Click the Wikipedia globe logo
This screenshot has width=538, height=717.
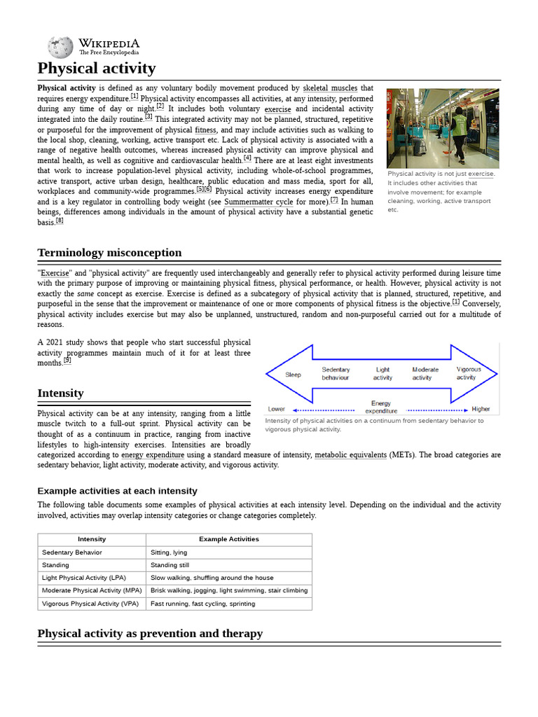pos(60,47)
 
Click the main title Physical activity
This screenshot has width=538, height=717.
pos(97,69)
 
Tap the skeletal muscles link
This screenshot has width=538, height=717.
pos(330,88)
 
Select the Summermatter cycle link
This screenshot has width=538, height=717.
pos(258,202)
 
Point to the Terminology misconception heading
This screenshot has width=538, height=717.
pos(109,253)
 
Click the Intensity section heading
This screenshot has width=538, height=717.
pos(60,394)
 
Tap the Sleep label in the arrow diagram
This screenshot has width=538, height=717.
pos(293,375)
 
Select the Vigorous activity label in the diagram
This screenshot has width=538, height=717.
pos(469,373)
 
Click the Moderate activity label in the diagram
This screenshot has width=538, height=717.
pos(425,373)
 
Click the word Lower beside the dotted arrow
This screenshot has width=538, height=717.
pos(277,409)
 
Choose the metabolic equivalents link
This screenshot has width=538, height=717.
pos(350,455)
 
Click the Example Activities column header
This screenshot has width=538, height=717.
pos(229,539)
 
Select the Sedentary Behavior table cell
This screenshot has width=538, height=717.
pos(72,552)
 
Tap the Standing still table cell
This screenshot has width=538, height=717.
pos(170,565)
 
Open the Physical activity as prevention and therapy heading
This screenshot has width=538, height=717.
pos(150,634)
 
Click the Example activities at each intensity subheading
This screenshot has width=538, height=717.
pos(117,491)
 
